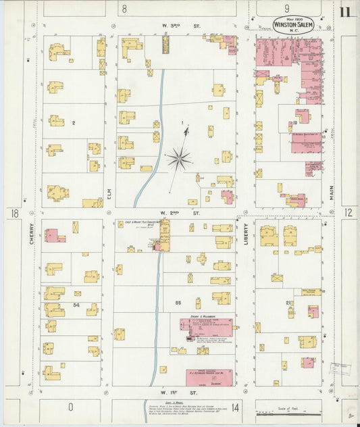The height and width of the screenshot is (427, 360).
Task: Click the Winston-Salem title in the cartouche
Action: pos(293,25)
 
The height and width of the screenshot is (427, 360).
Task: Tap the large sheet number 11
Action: pos(345,11)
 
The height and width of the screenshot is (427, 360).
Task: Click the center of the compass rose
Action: pos(179,159)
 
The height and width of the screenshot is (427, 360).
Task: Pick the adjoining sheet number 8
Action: pos(124,9)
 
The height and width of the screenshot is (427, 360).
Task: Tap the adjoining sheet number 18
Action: pos(14,214)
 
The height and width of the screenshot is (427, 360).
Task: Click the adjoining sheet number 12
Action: pos(348,213)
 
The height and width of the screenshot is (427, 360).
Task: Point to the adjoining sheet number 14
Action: pos(235,407)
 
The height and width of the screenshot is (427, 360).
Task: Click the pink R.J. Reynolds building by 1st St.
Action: pos(209,375)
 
